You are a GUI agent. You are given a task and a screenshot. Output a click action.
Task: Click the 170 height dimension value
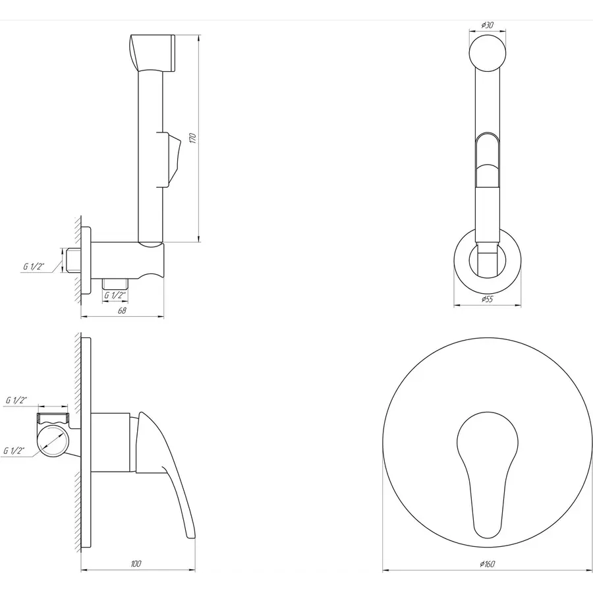(x=192, y=138)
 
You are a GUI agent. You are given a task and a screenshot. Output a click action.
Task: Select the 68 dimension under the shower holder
(x=122, y=310)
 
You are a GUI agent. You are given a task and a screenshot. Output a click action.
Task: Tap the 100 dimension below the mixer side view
(x=136, y=564)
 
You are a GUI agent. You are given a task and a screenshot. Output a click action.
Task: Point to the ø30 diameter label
(x=488, y=25)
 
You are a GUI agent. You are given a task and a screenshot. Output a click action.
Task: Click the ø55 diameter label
(x=488, y=299)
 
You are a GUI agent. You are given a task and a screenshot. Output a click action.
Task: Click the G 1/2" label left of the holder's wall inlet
(x=34, y=266)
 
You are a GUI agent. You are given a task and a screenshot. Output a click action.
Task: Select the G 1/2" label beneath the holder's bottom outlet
(x=115, y=295)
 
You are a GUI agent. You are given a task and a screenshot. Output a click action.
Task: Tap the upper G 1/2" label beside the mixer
(x=16, y=400)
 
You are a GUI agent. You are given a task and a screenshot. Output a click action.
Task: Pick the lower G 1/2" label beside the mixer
(x=14, y=451)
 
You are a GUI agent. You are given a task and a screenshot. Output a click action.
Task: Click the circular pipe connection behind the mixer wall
(x=52, y=440)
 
